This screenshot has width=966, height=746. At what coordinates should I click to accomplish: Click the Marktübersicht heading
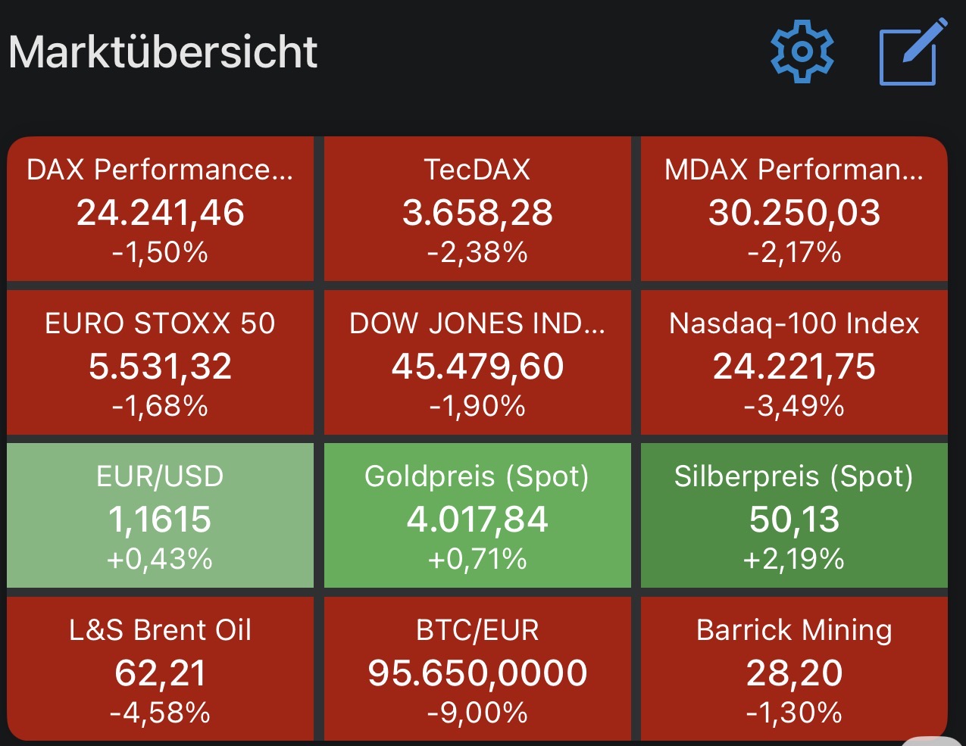163,52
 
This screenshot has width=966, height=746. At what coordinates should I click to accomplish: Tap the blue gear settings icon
802,52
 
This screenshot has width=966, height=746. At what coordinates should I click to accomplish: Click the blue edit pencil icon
913,52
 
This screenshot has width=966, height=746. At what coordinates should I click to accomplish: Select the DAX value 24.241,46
161,212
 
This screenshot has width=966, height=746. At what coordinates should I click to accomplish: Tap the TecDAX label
477,170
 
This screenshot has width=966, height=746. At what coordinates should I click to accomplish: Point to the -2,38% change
477,252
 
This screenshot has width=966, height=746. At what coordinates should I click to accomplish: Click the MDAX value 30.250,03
795,212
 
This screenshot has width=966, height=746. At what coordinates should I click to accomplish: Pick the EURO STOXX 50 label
160,323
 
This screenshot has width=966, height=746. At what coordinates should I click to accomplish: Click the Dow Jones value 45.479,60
477,367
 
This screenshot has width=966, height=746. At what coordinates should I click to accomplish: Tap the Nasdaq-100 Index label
795,323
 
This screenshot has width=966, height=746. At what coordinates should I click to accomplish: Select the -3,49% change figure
795,406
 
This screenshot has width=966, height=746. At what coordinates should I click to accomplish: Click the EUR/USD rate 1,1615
160,519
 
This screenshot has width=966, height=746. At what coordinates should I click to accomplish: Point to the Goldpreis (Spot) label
477,476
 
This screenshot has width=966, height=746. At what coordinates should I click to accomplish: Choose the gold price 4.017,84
477,520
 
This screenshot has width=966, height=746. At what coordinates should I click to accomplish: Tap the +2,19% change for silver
794,560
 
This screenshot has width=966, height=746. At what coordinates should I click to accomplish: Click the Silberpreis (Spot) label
794,476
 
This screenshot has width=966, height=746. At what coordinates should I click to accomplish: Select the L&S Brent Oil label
160,630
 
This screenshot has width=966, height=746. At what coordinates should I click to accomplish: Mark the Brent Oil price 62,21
161,673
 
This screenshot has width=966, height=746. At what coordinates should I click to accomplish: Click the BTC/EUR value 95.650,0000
477,673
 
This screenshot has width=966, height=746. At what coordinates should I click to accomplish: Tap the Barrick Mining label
795,631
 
